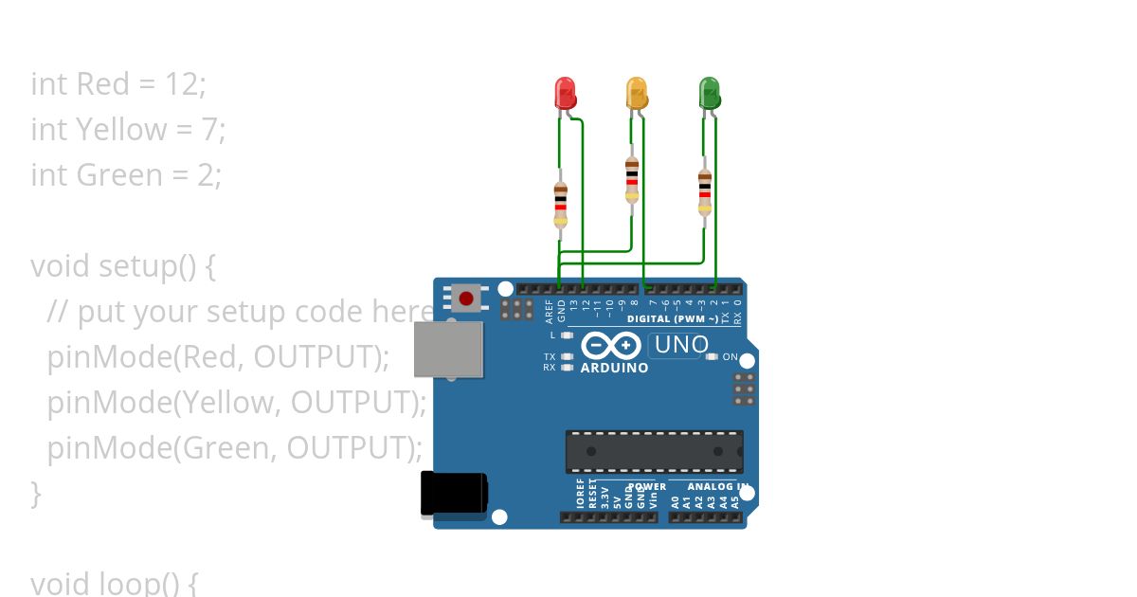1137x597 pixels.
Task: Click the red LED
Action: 565,93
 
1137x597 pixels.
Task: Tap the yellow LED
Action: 637,93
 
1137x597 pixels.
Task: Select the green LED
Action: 709,93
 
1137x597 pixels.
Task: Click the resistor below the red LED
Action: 560,203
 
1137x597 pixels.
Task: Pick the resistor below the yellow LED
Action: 632,179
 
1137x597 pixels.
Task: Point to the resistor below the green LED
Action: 704,192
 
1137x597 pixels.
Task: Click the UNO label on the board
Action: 680,345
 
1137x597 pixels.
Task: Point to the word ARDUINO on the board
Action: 614,368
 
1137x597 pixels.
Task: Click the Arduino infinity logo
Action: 612,346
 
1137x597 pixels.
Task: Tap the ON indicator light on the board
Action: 713,357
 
